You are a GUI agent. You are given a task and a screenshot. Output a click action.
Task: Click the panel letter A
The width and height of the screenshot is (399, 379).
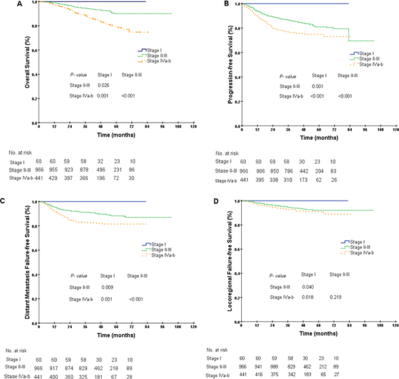[5, 4]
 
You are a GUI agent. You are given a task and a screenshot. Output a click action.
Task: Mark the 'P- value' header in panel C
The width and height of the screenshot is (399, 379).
[80, 275]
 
